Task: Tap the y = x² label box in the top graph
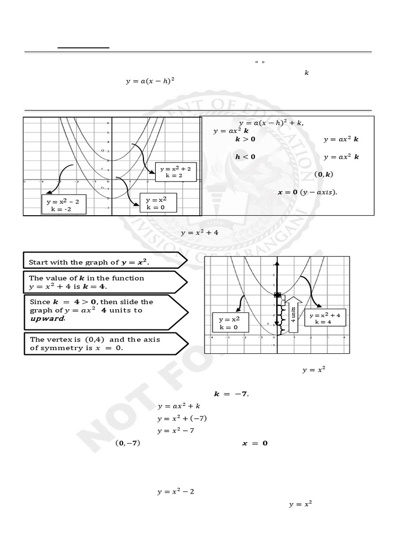point(157,203)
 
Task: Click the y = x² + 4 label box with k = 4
point(327,318)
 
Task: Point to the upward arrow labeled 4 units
point(293,317)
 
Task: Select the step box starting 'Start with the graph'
point(104,261)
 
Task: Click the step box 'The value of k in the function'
point(104,282)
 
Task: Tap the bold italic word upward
point(48,319)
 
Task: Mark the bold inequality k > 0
point(245,139)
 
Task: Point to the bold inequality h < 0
point(245,157)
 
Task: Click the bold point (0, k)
point(324,174)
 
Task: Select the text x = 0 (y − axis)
point(307,192)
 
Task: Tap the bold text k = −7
point(231,394)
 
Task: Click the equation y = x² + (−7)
point(182,418)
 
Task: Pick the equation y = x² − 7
point(176,430)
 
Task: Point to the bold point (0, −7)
point(127,443)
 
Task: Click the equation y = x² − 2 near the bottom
point(176,491)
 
